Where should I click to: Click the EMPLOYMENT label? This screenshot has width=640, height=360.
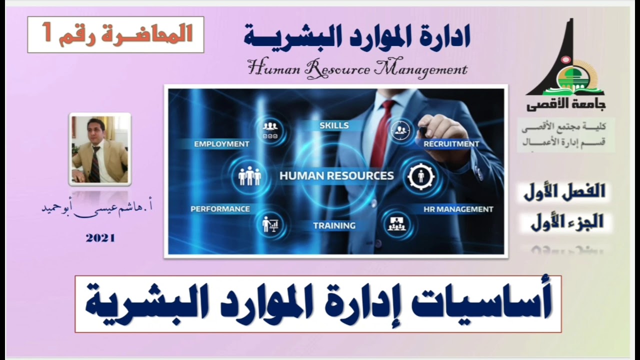tap(221, 144)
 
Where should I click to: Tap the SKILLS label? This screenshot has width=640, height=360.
tap(334, 125)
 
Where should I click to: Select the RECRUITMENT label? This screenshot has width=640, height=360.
tap(451, 144)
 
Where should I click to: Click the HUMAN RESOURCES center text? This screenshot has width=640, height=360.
tap(336, 176)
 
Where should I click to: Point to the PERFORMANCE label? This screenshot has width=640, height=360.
tap(220, 209)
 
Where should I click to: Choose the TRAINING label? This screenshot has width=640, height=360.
tap(334, 225)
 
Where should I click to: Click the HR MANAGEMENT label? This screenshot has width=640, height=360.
tap(458, 209)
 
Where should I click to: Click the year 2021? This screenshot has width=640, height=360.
tap(100, 238)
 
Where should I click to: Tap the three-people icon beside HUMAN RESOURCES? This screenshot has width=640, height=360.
tap(249, 176)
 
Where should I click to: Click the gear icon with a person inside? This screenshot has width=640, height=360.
tap(420, 176)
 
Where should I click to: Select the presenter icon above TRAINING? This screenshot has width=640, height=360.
tap(270, 224)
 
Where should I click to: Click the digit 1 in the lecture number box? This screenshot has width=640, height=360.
tap(47, 34)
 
